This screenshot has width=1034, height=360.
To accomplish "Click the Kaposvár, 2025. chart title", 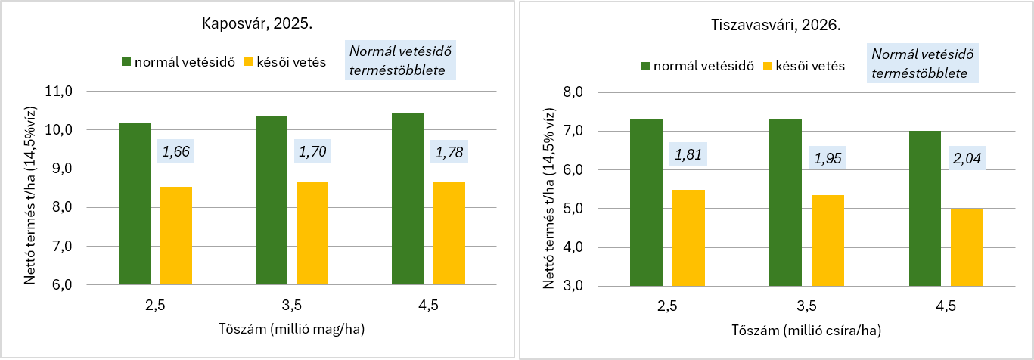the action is click(x=257, y=23).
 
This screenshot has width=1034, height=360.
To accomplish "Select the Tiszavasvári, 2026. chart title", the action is click(x=775, y=25).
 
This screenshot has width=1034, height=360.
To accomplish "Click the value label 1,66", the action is click(x=176, y=151).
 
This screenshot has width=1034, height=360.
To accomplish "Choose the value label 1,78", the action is click(x=449, y=152).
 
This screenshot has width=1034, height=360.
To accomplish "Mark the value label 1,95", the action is click(x=828, y=158).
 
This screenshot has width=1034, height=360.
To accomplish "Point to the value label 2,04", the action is click(x=967, y=158).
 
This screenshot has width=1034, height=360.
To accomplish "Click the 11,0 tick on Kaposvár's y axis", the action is click(x=59, y=92).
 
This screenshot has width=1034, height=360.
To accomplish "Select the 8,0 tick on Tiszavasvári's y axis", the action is click(x=573, y=92).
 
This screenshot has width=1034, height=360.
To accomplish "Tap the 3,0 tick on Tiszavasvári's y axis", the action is click(x=573, y=286).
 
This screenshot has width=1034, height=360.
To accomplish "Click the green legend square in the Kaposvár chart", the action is click(x=126, y=62).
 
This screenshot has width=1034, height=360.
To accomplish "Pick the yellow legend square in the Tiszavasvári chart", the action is click(x=767, y=66).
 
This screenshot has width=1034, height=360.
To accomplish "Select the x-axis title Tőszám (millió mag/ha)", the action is click(x=292, y=329).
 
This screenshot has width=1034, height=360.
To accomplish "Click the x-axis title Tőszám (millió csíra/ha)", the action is click(x=806, y=330).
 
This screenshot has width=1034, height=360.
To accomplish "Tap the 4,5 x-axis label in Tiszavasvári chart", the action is click(x=946, y=306).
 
